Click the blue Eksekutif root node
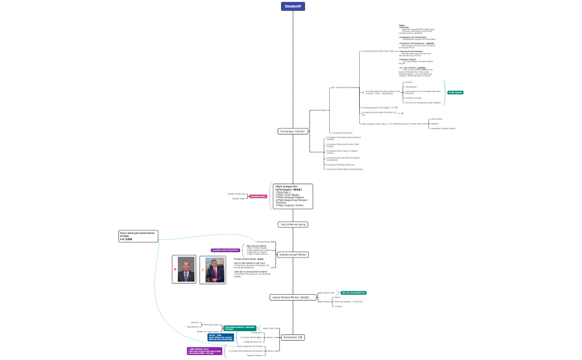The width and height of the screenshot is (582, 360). tap(293, 6)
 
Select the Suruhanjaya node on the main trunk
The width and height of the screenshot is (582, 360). tap(293, 131)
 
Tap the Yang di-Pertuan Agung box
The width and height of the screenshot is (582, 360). tap(293, 224)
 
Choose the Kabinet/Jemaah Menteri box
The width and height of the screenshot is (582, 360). tap(293, 254)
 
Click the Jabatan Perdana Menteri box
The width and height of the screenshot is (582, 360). tap(293, 297)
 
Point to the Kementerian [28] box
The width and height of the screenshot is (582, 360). tap(293, 337)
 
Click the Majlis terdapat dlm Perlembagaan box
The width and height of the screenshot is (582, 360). tap(293, 196)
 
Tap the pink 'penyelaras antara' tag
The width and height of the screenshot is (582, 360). tap(258, 196)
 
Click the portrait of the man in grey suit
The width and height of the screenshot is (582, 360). tap(184, 269)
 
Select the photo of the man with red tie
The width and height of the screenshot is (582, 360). tap(213, 269)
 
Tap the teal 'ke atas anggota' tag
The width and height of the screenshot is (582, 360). tap(455, 92)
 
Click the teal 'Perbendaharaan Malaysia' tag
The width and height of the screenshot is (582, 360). tap(239, 328)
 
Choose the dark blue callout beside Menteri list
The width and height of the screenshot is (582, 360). tap(217, 337)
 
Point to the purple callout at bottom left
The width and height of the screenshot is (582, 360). tap(205, 351)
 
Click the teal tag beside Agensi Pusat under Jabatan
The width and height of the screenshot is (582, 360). tap(353, 292)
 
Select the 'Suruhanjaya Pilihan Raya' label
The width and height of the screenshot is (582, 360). tap(342, 133)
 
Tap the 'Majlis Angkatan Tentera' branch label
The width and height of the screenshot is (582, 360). tap(374, 124)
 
